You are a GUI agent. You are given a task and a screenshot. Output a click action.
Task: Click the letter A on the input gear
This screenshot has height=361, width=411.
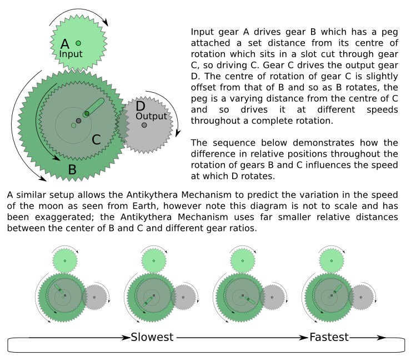point(65,43)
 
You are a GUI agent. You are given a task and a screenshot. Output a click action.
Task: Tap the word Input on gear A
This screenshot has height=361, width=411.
point(71,54)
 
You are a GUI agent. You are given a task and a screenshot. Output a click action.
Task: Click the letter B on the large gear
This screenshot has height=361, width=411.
point(72,169)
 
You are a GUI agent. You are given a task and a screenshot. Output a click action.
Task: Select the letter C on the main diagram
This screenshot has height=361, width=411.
point(96,139)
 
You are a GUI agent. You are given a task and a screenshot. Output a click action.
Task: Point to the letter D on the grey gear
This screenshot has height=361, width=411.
point(140,106)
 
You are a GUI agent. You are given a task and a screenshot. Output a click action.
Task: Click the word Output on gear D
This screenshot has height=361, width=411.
point(151,116)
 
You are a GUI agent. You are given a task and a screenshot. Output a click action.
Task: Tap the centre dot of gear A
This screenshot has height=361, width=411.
point(78,43)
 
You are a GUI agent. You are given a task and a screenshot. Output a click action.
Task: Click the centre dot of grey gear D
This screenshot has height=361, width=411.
point(144,125)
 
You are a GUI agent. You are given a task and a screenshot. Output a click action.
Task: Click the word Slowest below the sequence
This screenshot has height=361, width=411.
point(152,337)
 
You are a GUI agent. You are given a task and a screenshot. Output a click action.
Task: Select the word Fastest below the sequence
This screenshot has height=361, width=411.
point(329,337)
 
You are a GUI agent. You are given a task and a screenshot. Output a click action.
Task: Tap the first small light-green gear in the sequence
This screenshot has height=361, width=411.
point(65,260)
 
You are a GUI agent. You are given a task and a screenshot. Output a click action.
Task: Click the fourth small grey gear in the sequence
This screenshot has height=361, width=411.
point(362,297)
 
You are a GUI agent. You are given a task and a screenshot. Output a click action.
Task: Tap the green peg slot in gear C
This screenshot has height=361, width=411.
point(94,107)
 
